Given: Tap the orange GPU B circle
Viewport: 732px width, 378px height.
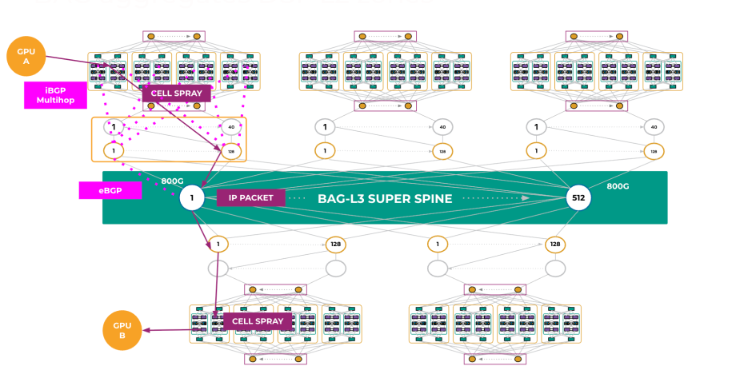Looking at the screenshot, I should tap(122, 331).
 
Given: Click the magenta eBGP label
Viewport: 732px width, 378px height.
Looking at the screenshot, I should tap(110, 190).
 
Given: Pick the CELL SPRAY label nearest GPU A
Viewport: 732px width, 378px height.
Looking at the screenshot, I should tap(177, 94).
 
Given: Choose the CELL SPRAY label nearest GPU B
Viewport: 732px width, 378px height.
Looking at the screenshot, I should tap(257, 321).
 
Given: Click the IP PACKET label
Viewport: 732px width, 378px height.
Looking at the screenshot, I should tap(250, 197).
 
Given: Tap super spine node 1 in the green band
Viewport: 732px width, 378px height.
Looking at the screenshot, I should tap(192, 197).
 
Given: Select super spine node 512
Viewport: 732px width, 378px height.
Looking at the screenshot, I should tap(578, 197).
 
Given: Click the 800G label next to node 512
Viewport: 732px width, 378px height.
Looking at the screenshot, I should tap(618, 186).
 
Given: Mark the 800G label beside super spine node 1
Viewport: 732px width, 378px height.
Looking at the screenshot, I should tap(173, 181).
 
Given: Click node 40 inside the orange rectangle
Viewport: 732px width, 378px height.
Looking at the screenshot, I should tap(231, 127).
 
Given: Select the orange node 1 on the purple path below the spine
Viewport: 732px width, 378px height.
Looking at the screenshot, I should tap(218, 244).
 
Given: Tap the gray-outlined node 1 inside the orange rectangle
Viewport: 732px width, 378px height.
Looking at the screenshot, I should tap(114, 127).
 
